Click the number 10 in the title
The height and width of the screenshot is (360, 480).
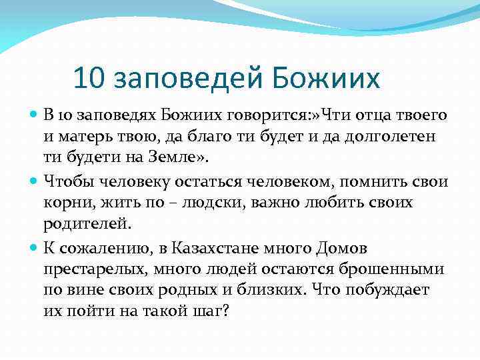pyautogui.click(x=89, y=79)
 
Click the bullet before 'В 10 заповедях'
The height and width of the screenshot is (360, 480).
pyautogui.click(x=34, y=115)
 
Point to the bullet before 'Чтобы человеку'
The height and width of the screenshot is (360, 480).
pyautogui.click(x=34, y=181)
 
